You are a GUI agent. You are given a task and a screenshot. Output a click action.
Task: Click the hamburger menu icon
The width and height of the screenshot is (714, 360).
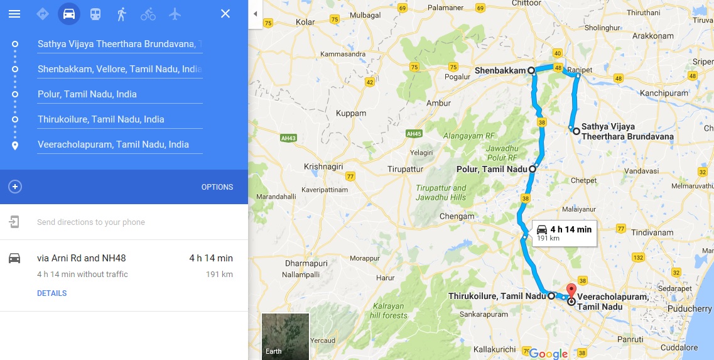tap(14, 14)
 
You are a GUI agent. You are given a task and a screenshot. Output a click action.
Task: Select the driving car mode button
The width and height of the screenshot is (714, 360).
tap(69, 14)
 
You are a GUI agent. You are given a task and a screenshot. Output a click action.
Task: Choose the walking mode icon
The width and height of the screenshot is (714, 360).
tap(122, 14)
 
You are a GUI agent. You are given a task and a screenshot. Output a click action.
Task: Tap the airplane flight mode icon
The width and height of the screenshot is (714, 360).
tap(175, 14)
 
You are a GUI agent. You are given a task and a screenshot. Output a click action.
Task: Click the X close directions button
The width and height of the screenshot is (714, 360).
tap(225, 14)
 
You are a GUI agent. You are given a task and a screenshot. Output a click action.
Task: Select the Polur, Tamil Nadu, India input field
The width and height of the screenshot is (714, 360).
tap(119, 94)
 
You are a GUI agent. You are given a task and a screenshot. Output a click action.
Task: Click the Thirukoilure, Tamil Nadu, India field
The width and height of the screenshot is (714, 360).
tap(119, 119)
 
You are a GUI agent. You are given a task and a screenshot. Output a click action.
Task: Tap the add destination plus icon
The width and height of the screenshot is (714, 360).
tap(15, 187)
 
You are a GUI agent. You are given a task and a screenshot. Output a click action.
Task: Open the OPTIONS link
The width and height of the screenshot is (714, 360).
tap(217, 187)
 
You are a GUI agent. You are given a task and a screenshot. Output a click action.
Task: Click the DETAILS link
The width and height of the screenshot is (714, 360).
tap(51, 293)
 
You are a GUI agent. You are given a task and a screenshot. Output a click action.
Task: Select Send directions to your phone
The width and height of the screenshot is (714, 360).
tap(91, 222)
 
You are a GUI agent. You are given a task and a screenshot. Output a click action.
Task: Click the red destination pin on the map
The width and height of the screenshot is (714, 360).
tap(571, 290)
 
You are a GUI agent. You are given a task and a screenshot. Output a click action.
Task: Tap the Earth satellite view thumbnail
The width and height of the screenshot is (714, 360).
tap(285, 336)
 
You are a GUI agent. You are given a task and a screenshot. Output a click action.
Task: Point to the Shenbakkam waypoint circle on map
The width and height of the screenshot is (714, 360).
tap(531, 70)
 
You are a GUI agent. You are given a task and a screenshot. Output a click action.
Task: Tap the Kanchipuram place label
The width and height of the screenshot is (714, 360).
tap(665, 93)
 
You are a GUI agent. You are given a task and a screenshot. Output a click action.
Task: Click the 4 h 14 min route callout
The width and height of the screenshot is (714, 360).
tap(564, 232)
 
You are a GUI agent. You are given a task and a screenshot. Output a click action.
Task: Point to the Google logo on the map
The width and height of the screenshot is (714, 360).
tap(548, 354)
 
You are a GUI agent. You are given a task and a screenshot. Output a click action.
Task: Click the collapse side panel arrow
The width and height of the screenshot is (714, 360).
tap(255, 14)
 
